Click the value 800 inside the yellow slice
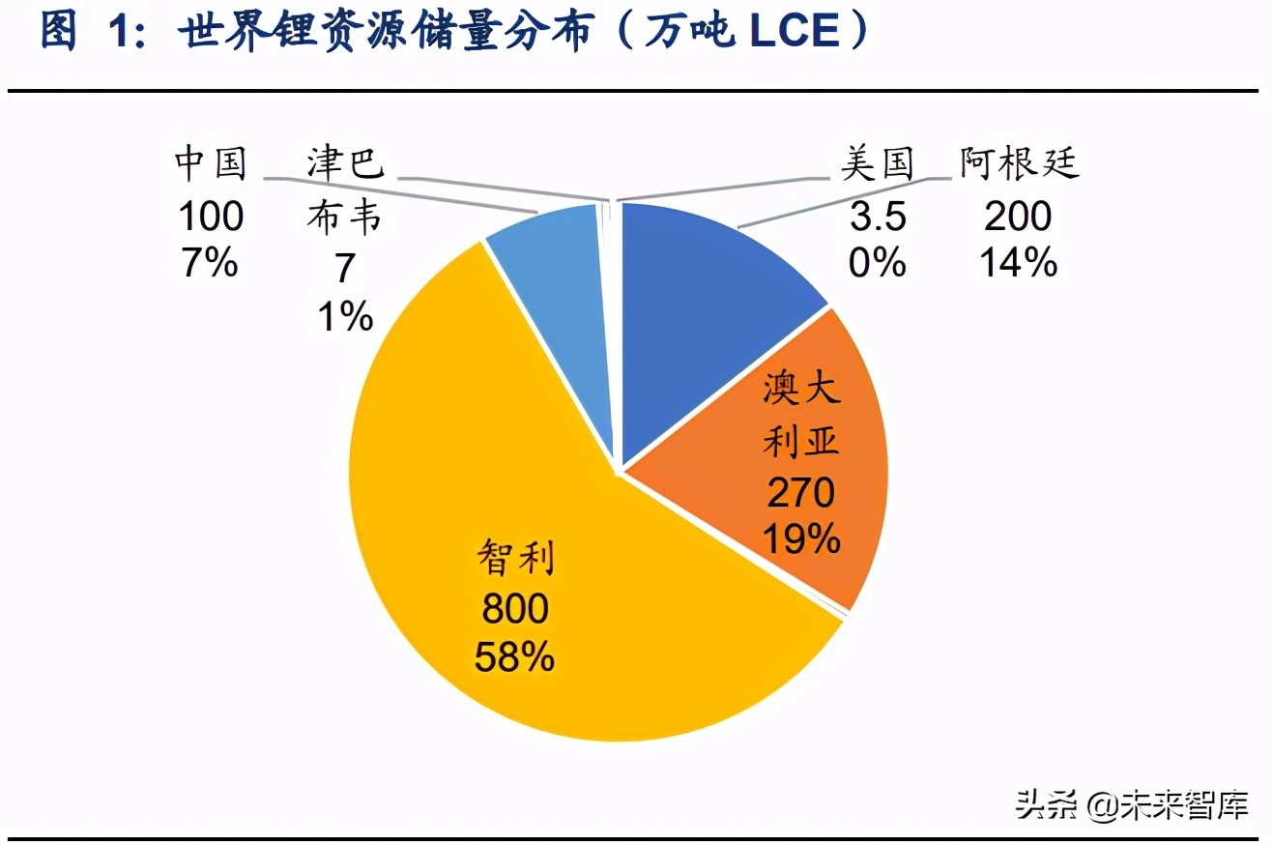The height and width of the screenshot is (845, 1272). tap(514, 609)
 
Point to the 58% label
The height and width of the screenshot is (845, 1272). tap(514, 657)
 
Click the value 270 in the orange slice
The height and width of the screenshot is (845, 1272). tap(800, 493)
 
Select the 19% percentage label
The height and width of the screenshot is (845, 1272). tap(800, 539)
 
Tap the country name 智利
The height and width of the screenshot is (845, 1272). tap(516, 560)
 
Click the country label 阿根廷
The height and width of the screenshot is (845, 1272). tap(1019, 164)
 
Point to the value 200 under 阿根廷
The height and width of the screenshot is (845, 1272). tap(1018, 216)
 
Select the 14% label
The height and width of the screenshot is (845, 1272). tap(1018, 262)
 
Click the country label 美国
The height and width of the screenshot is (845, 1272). tap(877, 164)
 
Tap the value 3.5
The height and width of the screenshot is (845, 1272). tap(878, 217)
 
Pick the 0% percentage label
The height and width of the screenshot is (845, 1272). tap(878, 262)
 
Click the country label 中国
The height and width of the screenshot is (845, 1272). tap(211, 164)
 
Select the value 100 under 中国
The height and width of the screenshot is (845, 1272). tap(211, 217)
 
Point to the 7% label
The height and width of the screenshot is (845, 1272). tap(211, 262)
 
